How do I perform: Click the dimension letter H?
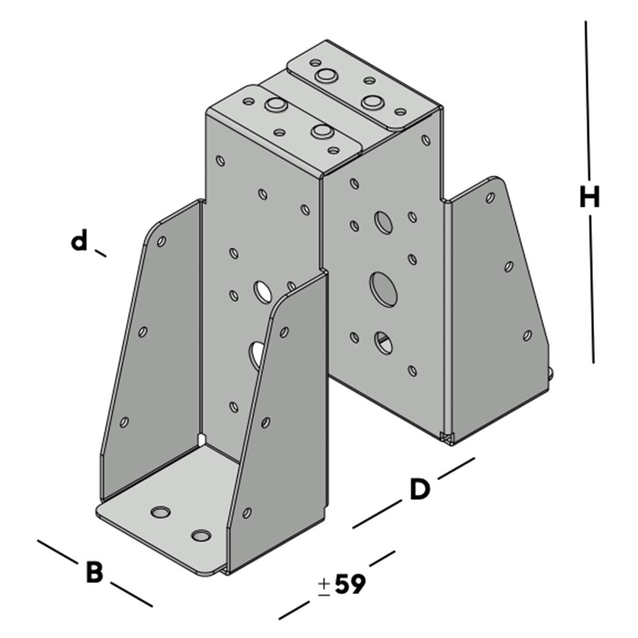coord(589,198)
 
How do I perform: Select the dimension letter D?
coord(420,489)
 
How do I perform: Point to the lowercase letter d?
coord(79,240)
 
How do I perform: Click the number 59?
coord(350,584)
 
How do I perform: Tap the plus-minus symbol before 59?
coord(324,587)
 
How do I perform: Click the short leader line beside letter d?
coord(100,253)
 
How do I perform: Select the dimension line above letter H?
coord(588,100)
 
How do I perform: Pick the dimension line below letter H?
coord(591,289)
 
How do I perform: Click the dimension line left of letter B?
coord(57,552)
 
